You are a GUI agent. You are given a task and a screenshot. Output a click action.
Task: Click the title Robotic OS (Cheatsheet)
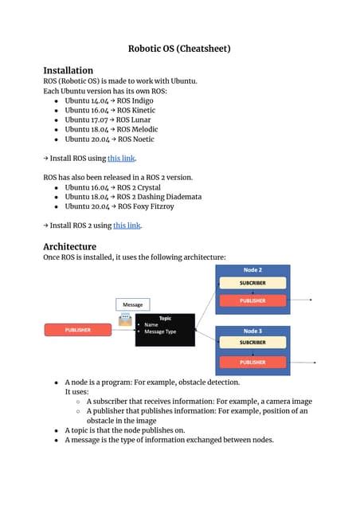click(179, 49)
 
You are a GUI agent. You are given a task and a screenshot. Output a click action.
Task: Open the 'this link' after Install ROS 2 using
click(127, 226)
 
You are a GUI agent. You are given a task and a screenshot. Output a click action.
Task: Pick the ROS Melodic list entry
click(135, 129)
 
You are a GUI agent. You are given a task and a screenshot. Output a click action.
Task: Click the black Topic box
click(165, 329)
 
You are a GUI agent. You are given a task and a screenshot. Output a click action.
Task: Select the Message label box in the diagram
click(132, 304)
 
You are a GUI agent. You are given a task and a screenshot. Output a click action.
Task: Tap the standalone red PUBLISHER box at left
click(77, 329)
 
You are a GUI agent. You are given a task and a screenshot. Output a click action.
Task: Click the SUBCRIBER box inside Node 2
click(252, 283)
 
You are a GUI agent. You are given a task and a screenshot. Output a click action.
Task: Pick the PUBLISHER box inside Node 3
click(252, 362)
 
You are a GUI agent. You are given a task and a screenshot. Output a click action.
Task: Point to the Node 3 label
click(252, 330)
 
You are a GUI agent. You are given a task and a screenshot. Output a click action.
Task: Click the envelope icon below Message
click(125, 320)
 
